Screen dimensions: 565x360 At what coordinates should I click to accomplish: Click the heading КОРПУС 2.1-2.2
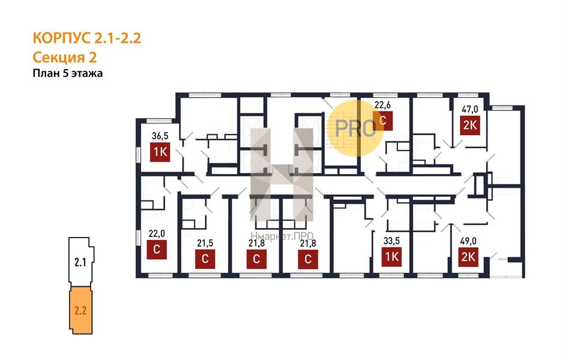tap(86, 38)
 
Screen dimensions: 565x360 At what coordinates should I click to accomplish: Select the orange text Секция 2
tap(64, 58)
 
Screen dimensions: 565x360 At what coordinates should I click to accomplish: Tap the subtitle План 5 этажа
tap(67, 73)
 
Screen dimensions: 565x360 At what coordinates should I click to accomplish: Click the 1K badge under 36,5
tap(160, 152)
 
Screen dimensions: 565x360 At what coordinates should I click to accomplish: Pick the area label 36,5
tap(160, 136)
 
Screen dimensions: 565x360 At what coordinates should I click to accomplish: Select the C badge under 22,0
tap(157, 250)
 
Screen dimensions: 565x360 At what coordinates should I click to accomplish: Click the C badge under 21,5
tap(205, 259)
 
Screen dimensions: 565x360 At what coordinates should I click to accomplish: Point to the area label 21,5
tap(205, 244)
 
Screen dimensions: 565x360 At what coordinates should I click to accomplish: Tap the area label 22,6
tap(382, 105)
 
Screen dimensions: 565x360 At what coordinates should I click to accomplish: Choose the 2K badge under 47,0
tap(470, 125)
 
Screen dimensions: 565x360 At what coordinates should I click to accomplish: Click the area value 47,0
tap(470, 109)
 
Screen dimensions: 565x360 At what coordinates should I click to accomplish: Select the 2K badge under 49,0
tap(468, 257)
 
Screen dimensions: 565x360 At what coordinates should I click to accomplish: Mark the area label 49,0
tap(468, 241)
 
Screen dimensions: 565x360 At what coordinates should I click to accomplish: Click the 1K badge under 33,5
tap(391, 256)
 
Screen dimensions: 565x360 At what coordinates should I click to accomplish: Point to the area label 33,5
tap(391, 241)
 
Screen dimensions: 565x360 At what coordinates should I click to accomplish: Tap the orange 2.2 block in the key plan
tap(80, 310)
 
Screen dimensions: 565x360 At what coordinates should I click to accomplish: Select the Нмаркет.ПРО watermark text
tap(282, 236)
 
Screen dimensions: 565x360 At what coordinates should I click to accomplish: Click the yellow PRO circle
tap(355, 128)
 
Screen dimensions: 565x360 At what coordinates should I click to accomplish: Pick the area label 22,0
tap(157, 234)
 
